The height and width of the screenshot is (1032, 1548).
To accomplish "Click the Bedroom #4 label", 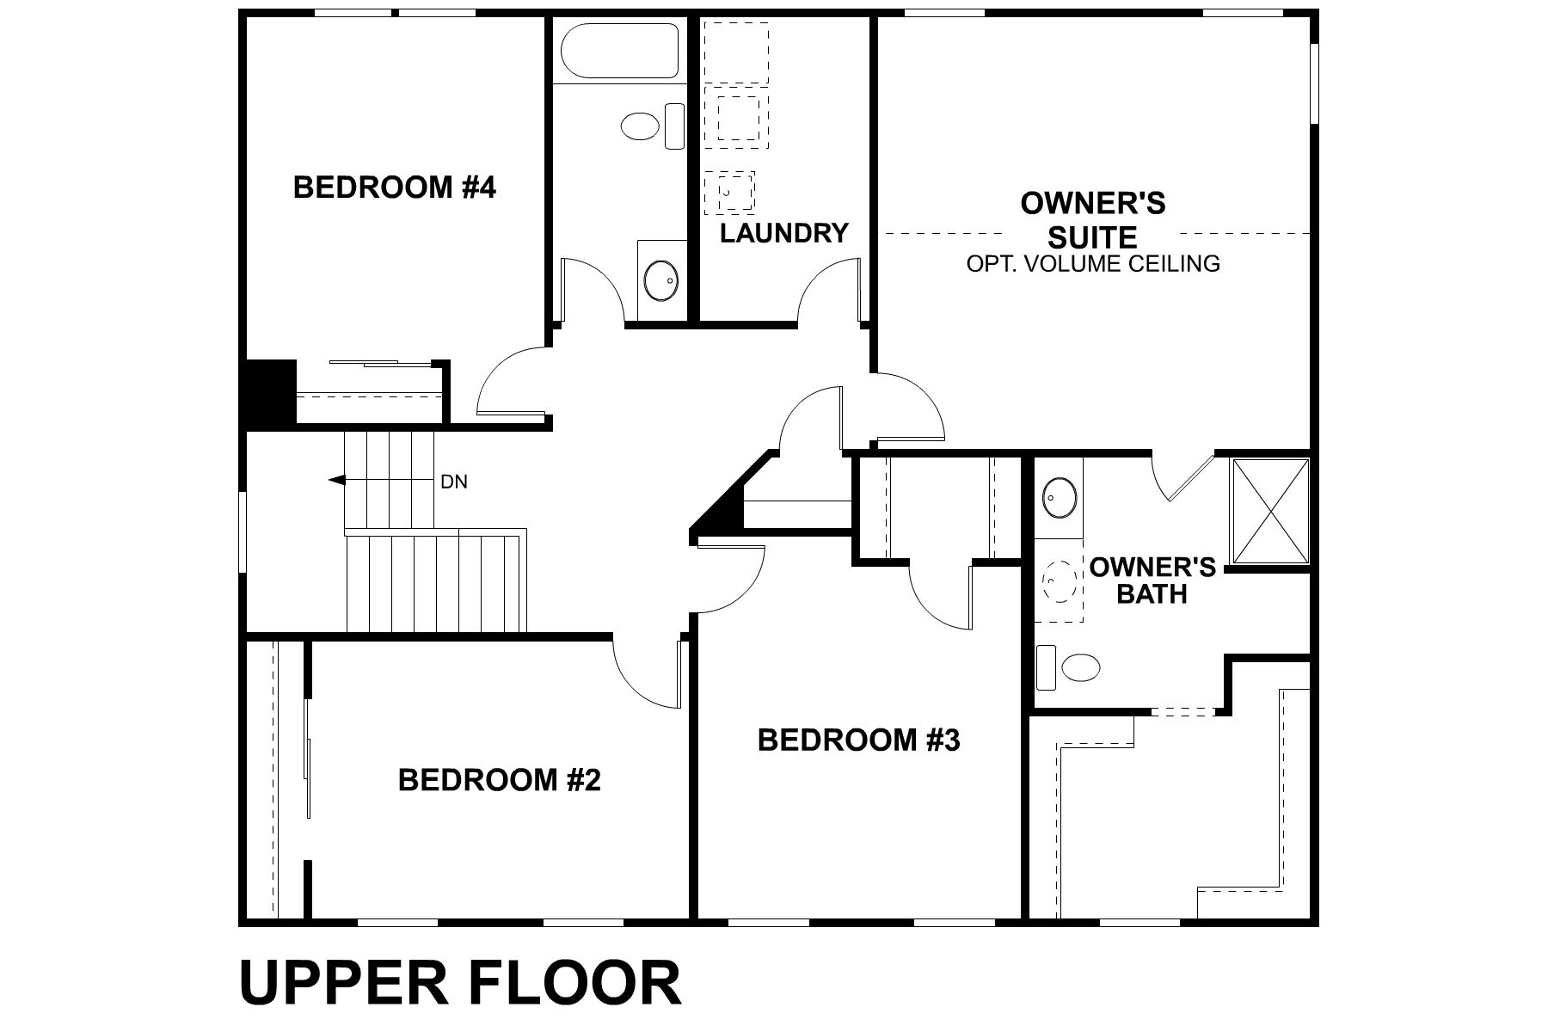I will pyautogui.click(x=395, y=187).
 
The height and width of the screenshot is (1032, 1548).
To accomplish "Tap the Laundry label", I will pyautogui.click(x=783, y=233).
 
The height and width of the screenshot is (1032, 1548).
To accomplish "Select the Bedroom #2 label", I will pyautogui.click(x=499, y=780).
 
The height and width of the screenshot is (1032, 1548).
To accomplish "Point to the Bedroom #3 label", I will pyautogui.click(x=858, y=740).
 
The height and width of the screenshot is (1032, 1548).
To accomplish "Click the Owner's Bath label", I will pyautogui.click(x=1152, y=580).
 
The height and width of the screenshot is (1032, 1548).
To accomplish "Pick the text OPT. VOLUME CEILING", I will pyautogui.click(x=1093, y=263).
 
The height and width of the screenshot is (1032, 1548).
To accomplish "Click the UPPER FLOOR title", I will pyautogui.click(x=460, y=983).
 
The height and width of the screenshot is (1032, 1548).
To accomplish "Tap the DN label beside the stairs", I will pyautogui.click(x=454, y=482).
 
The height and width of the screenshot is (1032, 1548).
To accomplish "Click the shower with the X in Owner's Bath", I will pyautogui.click(x=1270, y=512).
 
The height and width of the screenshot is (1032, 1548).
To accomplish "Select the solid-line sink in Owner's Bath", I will pyautogui.click(x=1060, y=498).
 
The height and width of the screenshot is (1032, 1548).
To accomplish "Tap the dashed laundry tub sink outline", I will pyautogui.click(x=729, y=192).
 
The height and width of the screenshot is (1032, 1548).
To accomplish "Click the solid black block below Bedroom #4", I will pyautogui.click(x=270, y=393).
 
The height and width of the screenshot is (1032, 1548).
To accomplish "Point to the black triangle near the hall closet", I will pyautogui.click(x=722, y=512).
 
